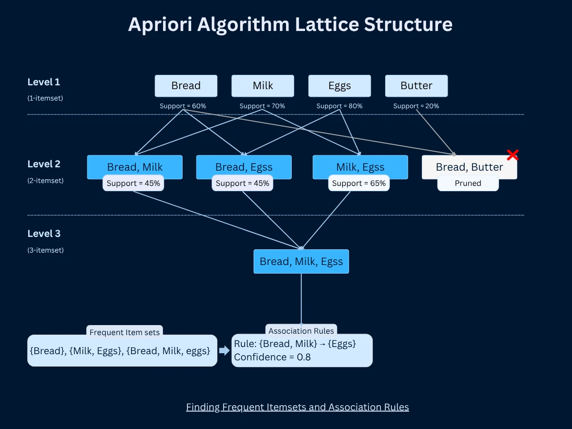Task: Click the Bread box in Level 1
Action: pyautogui.click(x=186, y=86)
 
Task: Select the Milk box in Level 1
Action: pyautogui.click(x=263, y=86)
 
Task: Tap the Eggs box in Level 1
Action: pyautogui.click(x=339, y=86)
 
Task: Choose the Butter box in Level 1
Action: pyautogui.click(x=416, y=86)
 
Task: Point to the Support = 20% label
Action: pyautogui.click(x=416, y=106)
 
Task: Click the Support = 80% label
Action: pyautogui.click(x=339, y=106)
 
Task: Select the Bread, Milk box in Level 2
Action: pyautogui.click(x=135, y=167)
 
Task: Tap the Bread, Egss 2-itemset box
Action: pyautogui.click(x=244, y=167)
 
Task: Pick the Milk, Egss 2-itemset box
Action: pyautogui.click(x=360, y=167)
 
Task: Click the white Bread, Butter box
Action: pyautogui.click(x=469, y=167)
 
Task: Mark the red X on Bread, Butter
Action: pyautogui.click(x=512, y=155)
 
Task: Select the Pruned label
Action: pyautogui.click(x=468, y=183)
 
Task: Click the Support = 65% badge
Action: pyautogui.click(x=358, y=183)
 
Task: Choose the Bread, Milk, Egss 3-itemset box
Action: pyautogui.click(x=301, y=261)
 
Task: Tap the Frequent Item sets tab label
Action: pyautogui.click(x=125, y=332)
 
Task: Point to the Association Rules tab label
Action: pyautogui.click(x=301, y=330)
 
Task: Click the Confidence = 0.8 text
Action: pyautogui.click(x=272, y=357)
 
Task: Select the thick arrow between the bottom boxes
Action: pyautogui.click(x=224, y=351)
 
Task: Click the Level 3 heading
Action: pyautogui.click(x=44, y=234)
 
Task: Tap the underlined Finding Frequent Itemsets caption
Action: pyautogui.click(x=297, y=407)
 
